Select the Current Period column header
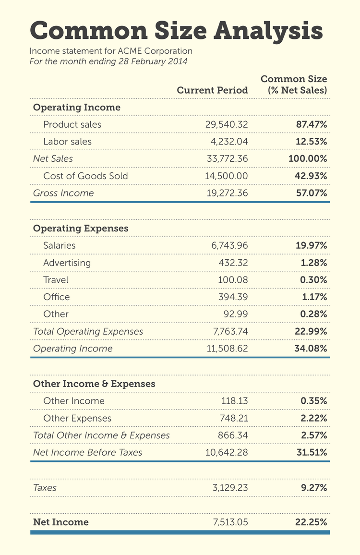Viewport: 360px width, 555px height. pyautogui.click(x=212, y=90)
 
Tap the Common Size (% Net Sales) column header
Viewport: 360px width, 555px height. pyautogui.click(x=293, y=84)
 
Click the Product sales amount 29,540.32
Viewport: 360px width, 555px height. pyautogui.click(x=227, y=124)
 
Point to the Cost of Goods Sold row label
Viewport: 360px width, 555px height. pyautogui.click(x=85, y=176)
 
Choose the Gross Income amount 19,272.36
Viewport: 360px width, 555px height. pyautogui.click(x=227, y=193)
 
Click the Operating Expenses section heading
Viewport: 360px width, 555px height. pyautogui.click(x=81, y=228)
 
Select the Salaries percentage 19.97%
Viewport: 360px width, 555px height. pyautogui.click(x=311, y=245)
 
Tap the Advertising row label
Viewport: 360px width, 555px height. pyautogui.click(x=67, y=263)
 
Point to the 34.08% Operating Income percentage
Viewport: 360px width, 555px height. pyautogui.click(x=311, y=349)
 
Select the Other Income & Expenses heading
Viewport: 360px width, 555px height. pyautogui.click(x=94, y=384)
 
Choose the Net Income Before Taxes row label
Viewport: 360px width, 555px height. pyautogui.click(x=87, y=452)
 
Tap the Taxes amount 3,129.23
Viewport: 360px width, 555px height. pyautogui.click(x=230, y=488)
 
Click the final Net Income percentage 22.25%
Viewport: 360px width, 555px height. pyautogui.click(x=311, y=522)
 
